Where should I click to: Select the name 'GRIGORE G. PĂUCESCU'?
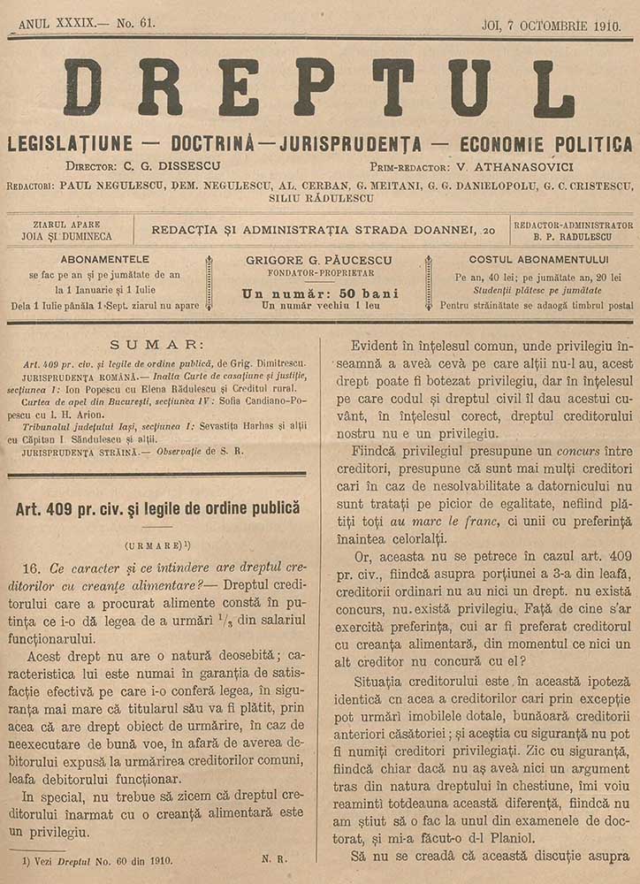319,261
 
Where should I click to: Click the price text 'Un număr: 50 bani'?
319,293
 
